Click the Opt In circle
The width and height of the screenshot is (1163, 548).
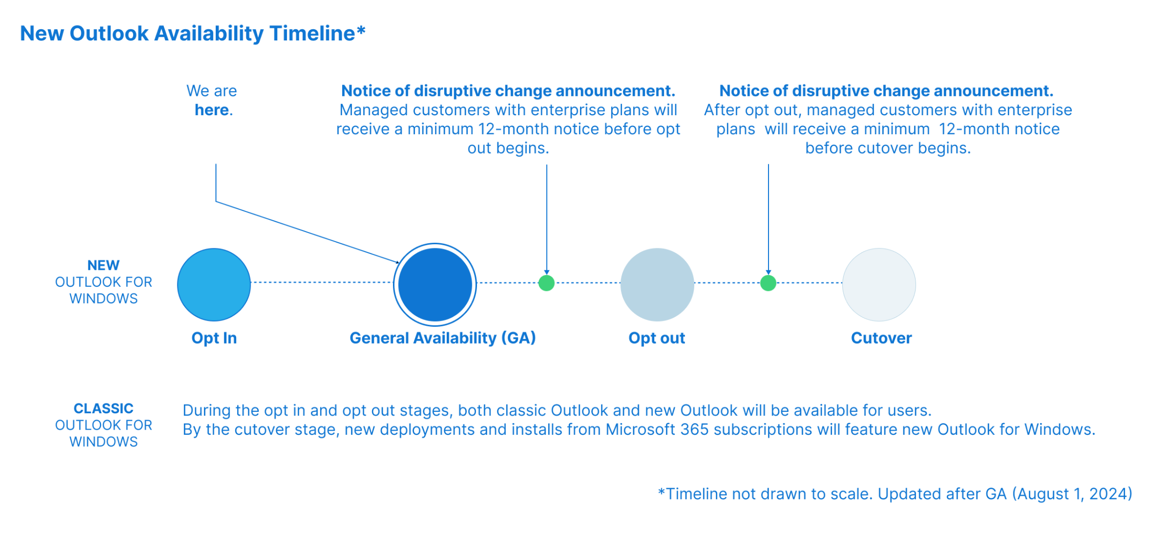[214, 285]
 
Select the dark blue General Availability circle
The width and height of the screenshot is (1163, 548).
[435, 285]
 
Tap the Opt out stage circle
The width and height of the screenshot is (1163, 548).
[657, 285]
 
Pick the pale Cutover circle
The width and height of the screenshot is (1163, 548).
[879, 285]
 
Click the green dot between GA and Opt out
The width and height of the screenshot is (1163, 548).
[547, 283]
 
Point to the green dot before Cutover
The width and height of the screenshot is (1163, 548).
[768, 283]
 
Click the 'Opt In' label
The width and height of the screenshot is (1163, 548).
[214, 338]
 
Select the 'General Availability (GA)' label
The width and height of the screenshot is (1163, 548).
[443, 338]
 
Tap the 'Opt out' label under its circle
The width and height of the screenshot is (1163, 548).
[657, 338]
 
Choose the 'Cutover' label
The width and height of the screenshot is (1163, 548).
[881, 338]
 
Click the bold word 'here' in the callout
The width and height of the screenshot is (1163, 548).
[212, 110]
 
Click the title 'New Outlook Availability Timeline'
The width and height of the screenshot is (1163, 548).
[188, 34]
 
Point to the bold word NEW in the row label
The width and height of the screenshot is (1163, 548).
[103, 265]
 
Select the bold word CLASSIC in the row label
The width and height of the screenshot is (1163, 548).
[103, 409]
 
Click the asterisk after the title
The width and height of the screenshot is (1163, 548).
[361, 31]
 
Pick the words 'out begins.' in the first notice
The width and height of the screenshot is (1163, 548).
[508, 148]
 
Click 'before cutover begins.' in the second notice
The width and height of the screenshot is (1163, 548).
[888, 148]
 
